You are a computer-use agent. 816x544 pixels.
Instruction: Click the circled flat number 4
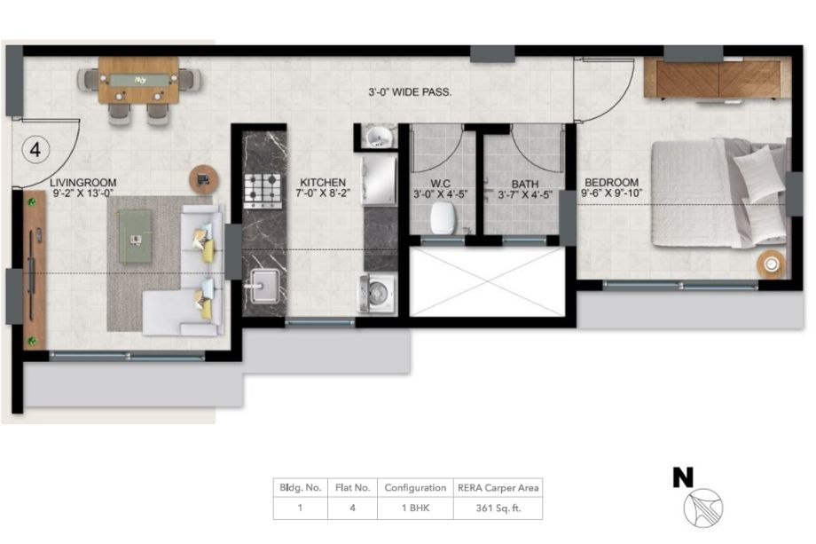coord(35,150)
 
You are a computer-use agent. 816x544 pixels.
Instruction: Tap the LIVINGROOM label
coord(83,183)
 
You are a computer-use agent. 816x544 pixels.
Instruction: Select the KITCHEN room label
coord(323,183)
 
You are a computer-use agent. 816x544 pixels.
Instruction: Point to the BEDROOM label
coord(611,183)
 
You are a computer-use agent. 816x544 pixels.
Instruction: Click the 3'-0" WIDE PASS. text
coord(410,92)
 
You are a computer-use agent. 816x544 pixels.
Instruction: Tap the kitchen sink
coord(265,285)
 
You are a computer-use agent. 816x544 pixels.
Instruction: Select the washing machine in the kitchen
coord(376,294)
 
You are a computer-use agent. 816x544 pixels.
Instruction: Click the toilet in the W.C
coord(443,218)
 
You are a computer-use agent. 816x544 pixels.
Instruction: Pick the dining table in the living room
coord(138,80)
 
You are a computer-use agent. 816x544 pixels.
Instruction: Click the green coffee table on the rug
coord(135,236)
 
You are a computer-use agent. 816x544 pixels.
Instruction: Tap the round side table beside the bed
coord(771,264)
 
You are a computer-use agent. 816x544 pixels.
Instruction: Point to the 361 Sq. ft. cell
coord(498,509)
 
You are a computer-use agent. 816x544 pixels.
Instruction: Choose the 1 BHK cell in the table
coord(415,509)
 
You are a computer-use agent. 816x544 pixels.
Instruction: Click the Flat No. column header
coord(353,488)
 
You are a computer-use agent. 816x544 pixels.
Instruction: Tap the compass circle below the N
coord(703,508)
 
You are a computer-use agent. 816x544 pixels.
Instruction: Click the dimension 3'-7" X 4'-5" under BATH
coord(524,195)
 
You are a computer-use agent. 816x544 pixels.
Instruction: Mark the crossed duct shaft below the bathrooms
coord(487,281)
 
